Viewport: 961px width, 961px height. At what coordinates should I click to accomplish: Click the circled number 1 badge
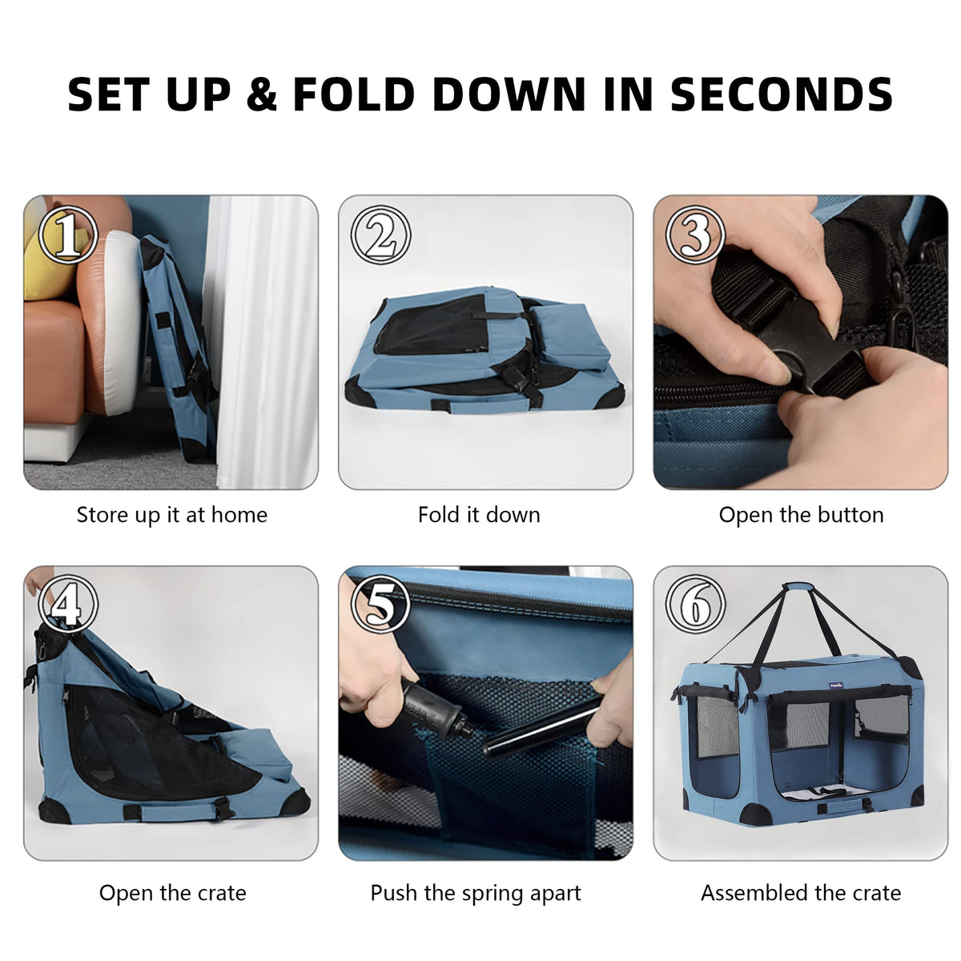67,235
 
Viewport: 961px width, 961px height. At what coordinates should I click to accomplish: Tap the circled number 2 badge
380,235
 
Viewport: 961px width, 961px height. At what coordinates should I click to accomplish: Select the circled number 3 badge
695,235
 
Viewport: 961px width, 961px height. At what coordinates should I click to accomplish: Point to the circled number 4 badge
67,604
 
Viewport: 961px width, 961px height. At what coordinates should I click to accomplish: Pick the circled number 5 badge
380,604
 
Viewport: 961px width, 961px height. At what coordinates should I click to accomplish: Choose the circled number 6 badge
695,604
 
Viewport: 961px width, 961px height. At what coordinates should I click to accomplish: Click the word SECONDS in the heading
781,94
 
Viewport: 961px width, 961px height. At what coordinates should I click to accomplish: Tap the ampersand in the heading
262,94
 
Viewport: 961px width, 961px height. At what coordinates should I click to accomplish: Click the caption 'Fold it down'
479,515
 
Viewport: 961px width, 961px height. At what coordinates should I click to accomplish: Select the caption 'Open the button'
801,515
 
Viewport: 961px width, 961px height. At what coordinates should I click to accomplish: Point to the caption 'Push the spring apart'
475,893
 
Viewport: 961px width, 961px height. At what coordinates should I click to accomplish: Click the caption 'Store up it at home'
171,516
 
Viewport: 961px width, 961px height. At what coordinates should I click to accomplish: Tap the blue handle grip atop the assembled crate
801,588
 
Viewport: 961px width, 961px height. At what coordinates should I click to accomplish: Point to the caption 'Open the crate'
172,893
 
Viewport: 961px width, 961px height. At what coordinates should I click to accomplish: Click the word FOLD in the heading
354,94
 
